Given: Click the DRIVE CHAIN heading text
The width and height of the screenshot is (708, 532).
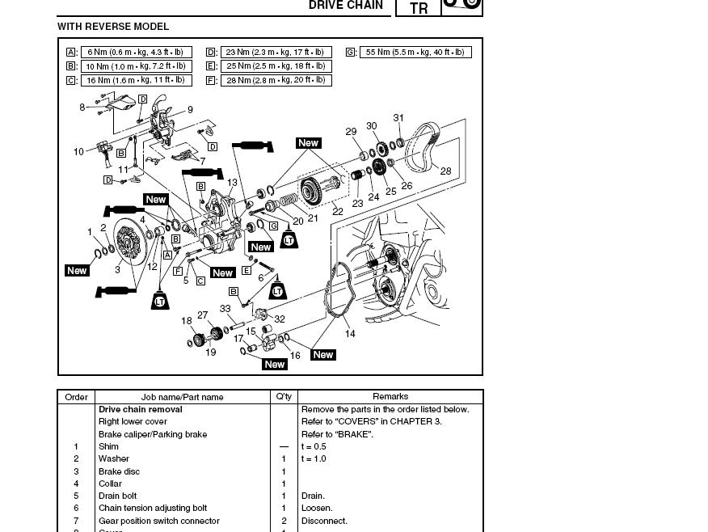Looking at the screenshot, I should click(346, 6).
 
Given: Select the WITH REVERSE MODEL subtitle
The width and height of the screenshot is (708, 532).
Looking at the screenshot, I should click(113, 27).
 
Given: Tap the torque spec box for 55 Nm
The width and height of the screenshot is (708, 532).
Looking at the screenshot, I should click(415, 53).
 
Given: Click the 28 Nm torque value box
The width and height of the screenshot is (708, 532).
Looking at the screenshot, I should click(276, 81).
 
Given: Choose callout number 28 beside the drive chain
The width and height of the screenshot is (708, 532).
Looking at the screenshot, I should click(445, 171).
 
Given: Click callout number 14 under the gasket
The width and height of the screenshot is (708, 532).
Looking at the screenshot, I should click(350, 334).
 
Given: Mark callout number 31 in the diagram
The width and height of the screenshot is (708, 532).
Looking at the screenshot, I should click(398, 118).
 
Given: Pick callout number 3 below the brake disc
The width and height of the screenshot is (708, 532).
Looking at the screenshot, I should click(117, 270).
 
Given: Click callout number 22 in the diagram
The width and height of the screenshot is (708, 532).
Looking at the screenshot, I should click(338, 212).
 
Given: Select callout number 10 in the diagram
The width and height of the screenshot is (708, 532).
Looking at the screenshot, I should click(78, 152).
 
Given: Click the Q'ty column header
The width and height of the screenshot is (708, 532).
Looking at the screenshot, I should click(284, 397).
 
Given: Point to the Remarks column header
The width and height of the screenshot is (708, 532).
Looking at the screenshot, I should click(390, 397).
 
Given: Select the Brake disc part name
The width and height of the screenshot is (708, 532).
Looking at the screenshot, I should click(119, 471).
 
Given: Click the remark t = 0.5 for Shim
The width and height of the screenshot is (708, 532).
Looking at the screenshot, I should click(314, 446).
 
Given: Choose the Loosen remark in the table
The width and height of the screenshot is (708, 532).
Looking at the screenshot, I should click(316, 509).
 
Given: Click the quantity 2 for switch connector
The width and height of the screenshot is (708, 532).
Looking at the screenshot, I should click(284, 521).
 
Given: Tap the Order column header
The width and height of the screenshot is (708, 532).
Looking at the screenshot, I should click(76, 397).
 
